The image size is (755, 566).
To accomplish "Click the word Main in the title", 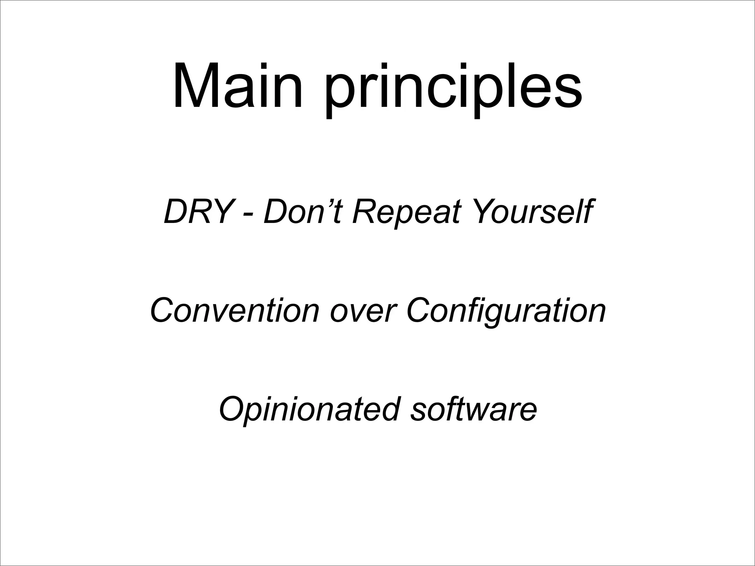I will click(238, 87).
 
